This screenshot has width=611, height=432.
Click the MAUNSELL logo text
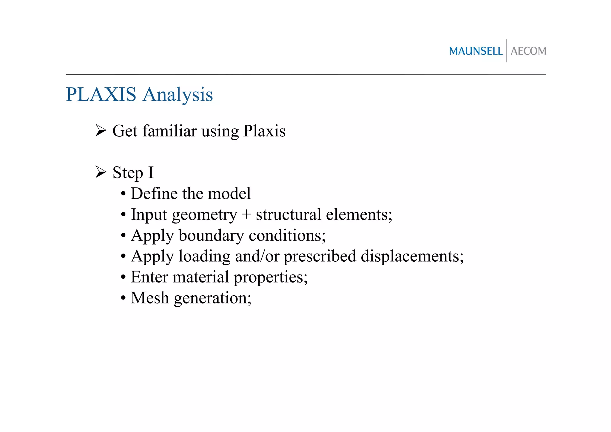coord(476,51)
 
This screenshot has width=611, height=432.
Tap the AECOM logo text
coord(528,51)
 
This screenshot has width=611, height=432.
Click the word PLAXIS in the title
coord(101,95)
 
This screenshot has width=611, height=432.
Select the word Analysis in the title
coord(178,95)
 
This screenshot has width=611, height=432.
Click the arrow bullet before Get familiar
coord(101,130)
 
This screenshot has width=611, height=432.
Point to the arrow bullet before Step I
coord(101,172)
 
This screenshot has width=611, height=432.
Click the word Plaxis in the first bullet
coord(264,131)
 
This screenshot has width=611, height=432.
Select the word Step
coord(128,173)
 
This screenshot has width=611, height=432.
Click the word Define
coord(154,193)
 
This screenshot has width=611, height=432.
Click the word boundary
coord(211,236)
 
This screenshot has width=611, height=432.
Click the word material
coord(201,277)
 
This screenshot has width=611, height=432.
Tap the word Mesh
coord(150,298)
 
